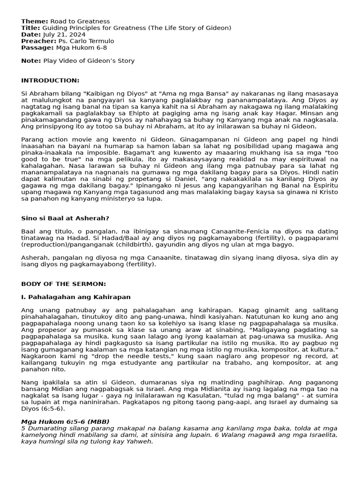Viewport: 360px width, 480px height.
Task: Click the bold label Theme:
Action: pos(35,21)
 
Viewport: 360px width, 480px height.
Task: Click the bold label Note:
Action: pos(31,60)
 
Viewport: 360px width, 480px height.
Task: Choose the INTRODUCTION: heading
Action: pos(50,80)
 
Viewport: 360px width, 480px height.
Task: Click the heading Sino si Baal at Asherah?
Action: pos(65,218)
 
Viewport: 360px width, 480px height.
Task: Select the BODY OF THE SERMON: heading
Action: pos(63,284)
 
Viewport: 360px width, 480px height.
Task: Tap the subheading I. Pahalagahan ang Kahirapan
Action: pos(76,297)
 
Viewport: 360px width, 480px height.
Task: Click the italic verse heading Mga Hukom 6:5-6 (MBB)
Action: pos(65,421)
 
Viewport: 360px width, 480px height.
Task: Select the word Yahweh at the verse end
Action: pos(141,441)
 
